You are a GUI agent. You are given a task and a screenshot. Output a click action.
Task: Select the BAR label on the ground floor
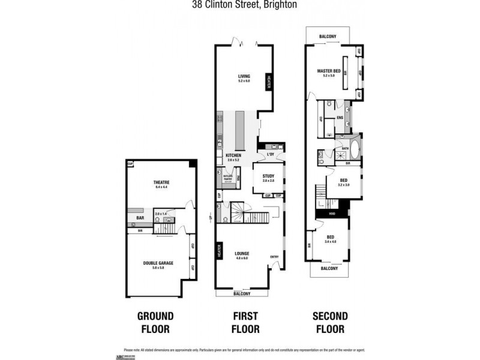tap(140, 218)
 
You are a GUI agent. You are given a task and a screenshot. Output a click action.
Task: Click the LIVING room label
tap(244, 76)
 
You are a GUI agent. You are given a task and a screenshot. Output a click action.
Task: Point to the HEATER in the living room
tap(269, 83)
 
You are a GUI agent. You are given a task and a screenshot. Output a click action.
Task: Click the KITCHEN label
tap(233, 155)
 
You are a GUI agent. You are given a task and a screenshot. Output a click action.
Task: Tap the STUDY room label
tap(268, 176)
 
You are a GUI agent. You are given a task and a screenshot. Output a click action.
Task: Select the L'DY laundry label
tap(271, 155)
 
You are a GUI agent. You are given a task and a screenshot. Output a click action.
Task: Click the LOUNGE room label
tap(242, 253)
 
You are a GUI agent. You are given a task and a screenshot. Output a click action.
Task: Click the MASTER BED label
tap(329, 71)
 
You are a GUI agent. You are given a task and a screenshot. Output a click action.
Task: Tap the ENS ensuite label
tap(339, 118)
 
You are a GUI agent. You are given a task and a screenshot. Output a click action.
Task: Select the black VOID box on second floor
tap(331, 213)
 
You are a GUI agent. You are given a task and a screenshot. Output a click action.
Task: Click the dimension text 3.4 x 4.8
tap(331, 242)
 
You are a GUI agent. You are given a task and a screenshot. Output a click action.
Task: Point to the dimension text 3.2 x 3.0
tap(343, 185)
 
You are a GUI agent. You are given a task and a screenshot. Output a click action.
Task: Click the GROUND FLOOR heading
tap(155, 322)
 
